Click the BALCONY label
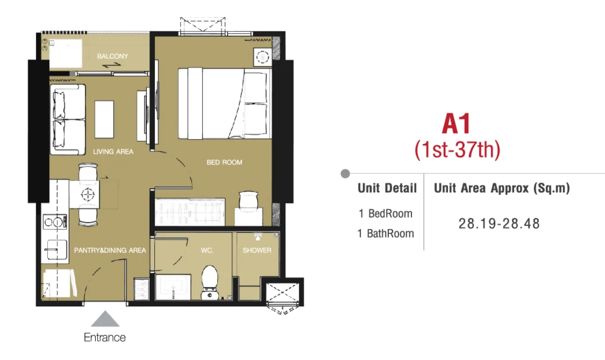coord(113,56)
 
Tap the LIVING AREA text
coord(113,152)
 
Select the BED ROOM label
coord(225,162)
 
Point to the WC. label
coord(207,251)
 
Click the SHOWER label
coord(257,250)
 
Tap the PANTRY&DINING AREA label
coord(110,250)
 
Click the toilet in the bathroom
coord(210,283)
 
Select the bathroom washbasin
coord(173,287)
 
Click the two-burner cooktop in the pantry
coord(55,222)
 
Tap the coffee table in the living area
coord(104,120)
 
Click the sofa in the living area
coord(68,120)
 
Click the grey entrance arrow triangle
coord(105,319)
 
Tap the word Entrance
coord(105,337)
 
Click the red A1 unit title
coord(456,124)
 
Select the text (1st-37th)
coord(458,150)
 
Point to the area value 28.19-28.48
coord(499,224)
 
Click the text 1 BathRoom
coord(386,234)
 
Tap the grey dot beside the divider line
coord(345,174)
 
